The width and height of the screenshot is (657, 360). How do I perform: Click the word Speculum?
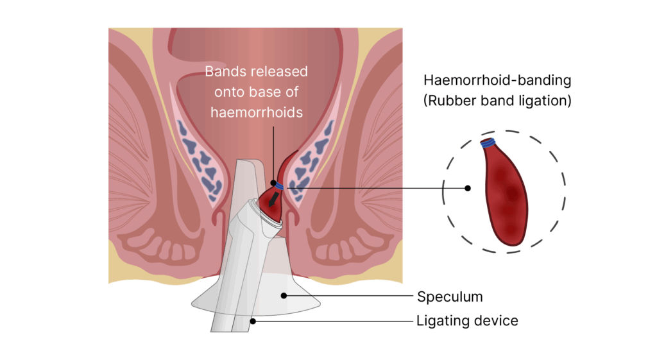(x=450, y=296)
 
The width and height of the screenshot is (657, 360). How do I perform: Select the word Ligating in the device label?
(x=441, y=320)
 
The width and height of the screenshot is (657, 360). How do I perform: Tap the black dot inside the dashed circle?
(x=468, y=188)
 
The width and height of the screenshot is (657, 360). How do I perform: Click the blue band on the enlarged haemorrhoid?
(x=490, y=142)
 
